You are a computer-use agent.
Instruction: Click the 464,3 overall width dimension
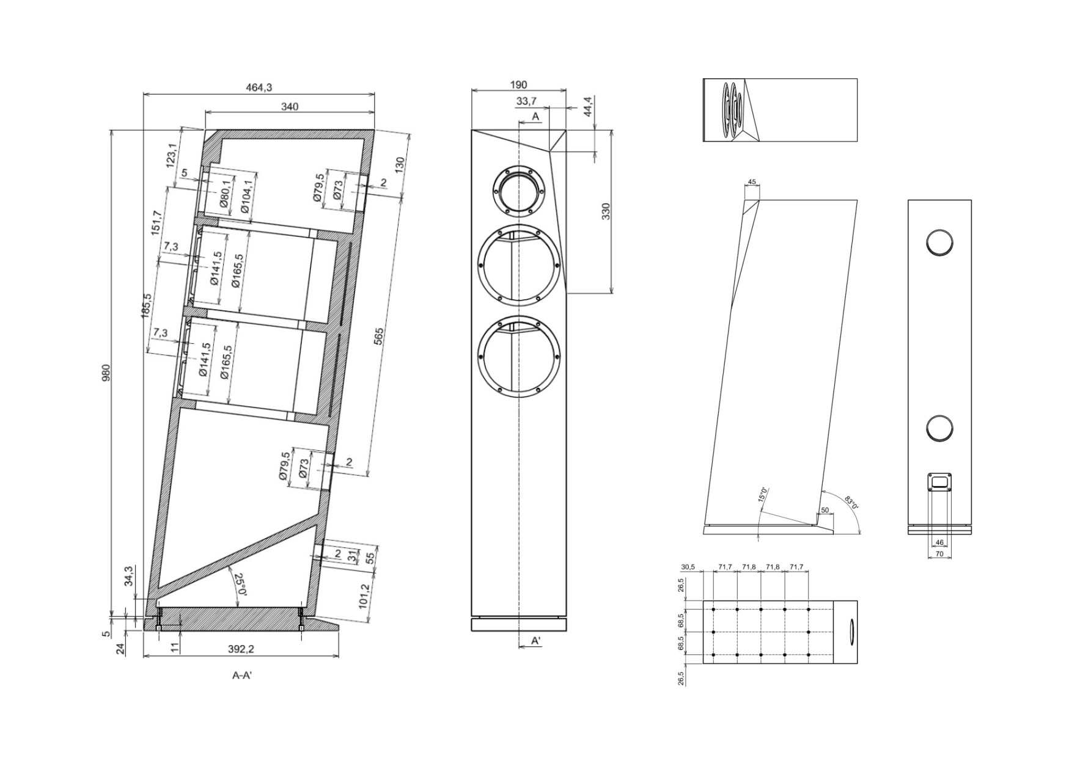point(259,87)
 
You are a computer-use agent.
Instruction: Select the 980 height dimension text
point(105,373)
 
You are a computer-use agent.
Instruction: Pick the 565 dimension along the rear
point(378,337)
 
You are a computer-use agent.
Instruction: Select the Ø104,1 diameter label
point(246,197)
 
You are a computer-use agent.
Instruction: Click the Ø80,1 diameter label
point(224,195)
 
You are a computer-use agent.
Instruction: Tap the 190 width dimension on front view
point(518,85)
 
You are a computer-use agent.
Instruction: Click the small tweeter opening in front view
point(518,189)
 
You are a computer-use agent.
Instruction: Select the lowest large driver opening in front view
point(518,357)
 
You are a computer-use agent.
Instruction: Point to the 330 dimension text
point(606,211)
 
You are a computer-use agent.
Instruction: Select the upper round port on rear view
point(939,242)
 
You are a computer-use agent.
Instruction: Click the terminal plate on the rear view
point(939,481)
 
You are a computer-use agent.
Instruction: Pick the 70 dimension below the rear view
point(939,554)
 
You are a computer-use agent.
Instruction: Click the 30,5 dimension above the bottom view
point(688,567)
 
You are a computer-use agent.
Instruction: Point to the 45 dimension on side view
point(752,182)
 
